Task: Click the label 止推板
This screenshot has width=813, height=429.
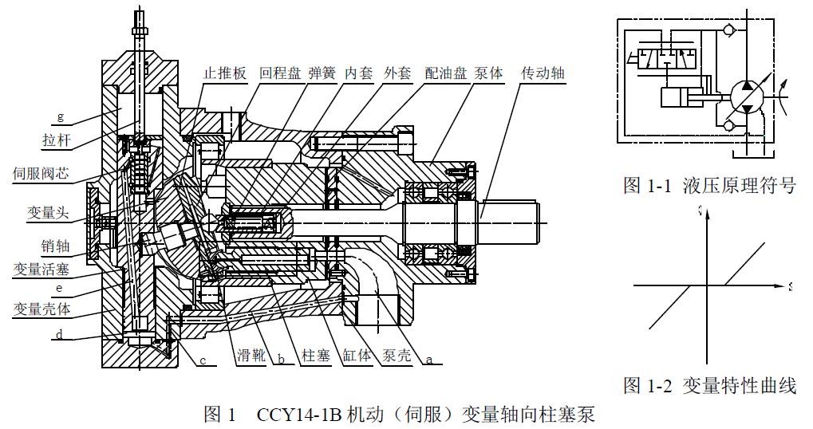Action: tap(225, 73)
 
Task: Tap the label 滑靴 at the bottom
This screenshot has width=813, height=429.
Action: tap(251, 356)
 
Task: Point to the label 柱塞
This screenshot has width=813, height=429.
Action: tap(315, 356)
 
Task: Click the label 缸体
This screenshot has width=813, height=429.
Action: tap(357, 356)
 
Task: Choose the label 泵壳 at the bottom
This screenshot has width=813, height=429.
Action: tap(397, 356)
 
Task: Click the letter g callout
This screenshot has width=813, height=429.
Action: tap(60, 117)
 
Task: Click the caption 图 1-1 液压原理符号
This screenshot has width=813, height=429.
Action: tap(709, 186)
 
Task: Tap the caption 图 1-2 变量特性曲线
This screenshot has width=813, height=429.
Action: tap(709, 387)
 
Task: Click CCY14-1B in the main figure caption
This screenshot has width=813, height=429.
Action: tap(299, 415)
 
